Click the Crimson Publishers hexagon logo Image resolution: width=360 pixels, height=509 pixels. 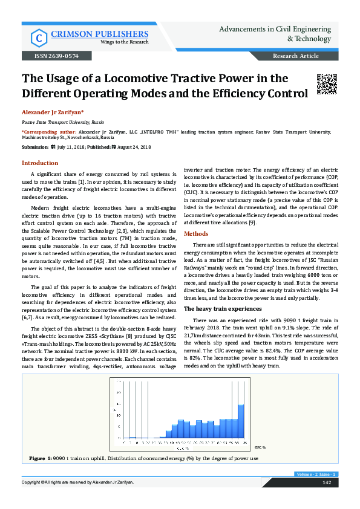[x=39, y=38]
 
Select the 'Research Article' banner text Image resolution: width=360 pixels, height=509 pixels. [x=296, y=56]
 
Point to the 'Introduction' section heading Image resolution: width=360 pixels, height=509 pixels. [x=40, y=163]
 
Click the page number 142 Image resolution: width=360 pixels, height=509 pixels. [x=326, y=482]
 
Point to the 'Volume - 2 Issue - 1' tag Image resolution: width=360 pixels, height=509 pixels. [x=316, y=474]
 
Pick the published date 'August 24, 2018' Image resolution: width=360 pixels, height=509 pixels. [x=134, y=147]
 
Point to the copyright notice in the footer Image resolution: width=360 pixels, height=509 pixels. [x=78, y=482]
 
